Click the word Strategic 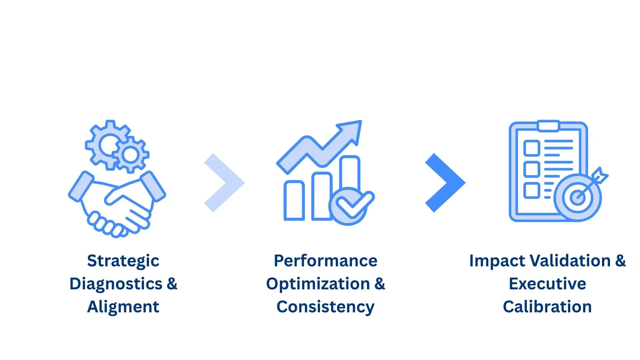pyautogui.click(x=123, y=261)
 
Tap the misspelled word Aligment pyautogui.click(x=123, y=307)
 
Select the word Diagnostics pyautogui.click(x=116, y=284)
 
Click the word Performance pyautogui.click(x=325, y=261)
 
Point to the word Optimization pyautogui.click(x=318, y=284)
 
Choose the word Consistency pyautogui.click(x=325, y=307)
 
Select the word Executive pyautogui.click(x=547, y=284)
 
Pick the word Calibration pyautogui.click(x=547, y=307)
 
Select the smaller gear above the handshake pyautogui.click(x=131, y=155)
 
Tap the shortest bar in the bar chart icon pyautogui.click(x=294, y=201)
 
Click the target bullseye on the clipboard pyautogui.click(x=577, y=197)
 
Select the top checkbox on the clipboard pyautogui.click(x=532, y=148)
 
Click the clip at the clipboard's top pyautogui.click(x=548, y=126)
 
